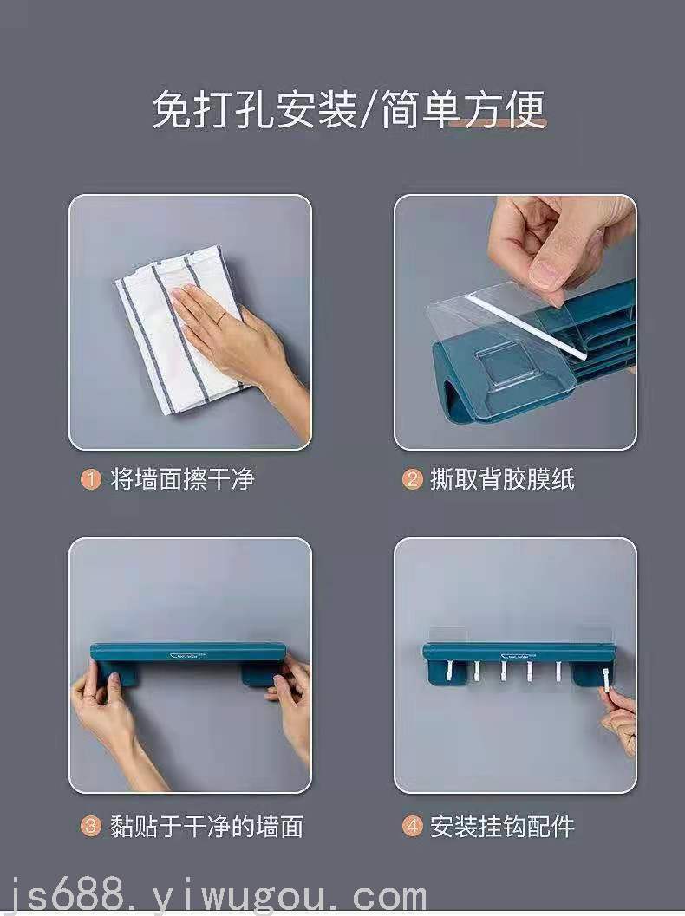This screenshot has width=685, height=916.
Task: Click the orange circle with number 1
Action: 90,479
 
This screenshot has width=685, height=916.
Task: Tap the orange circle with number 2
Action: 412,479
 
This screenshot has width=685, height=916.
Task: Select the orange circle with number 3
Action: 90,826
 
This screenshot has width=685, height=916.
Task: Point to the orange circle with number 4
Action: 412,826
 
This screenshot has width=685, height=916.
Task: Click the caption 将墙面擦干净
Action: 182,479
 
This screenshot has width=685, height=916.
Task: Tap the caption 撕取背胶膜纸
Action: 503,479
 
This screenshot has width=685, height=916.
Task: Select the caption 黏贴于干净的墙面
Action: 206,826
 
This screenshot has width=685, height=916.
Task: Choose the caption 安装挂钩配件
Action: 503,826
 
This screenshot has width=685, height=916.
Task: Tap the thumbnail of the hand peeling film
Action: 515,322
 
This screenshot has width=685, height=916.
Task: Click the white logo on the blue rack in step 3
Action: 187,655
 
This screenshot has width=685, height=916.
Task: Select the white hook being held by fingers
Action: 605,679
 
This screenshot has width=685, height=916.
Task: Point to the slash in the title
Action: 369,109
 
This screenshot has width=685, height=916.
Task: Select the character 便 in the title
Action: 525,108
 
